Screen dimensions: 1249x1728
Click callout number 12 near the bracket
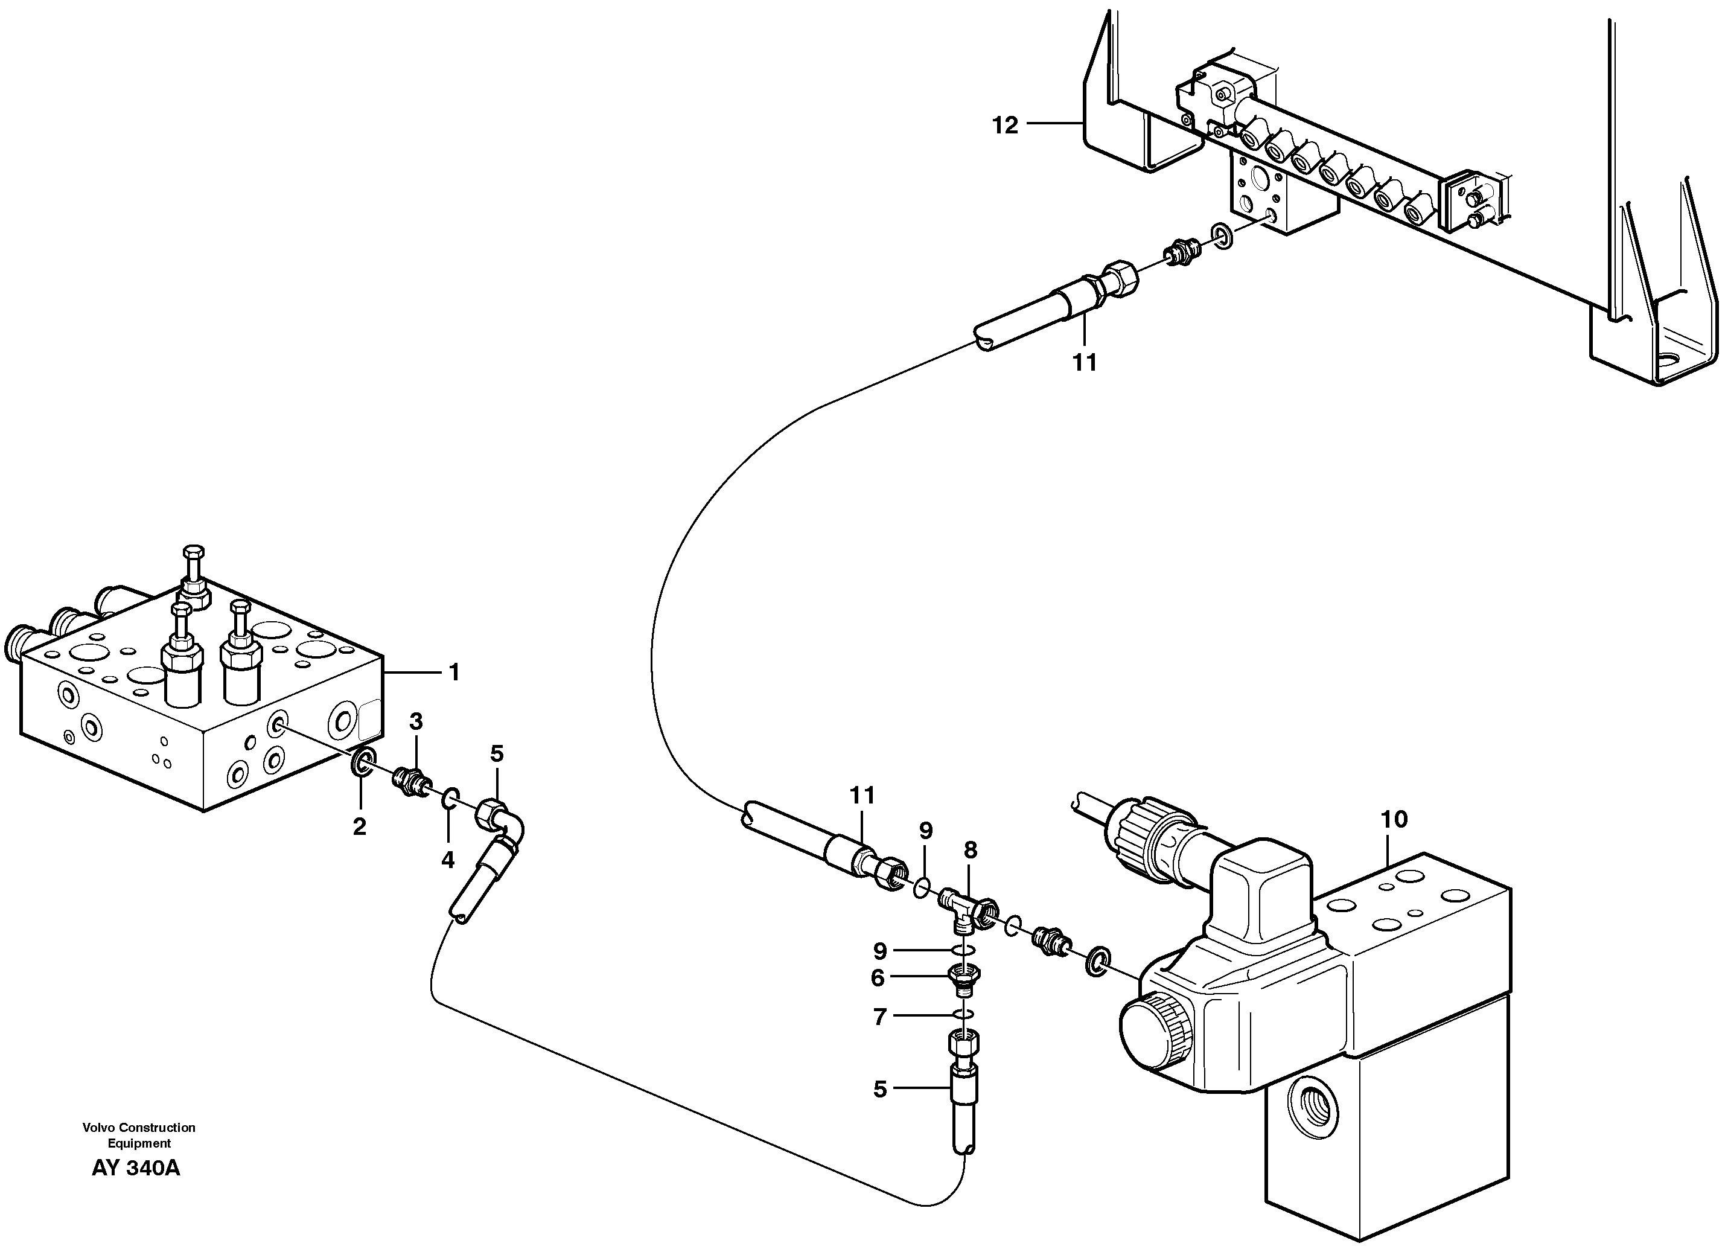[1004, 126]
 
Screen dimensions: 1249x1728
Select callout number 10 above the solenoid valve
[1394, 821]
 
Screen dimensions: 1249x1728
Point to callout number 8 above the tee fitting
[970, 851]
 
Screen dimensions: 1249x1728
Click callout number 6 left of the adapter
[878, 979]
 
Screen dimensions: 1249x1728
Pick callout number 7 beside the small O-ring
[879, 1017]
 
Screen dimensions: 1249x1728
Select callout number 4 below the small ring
[447, 860]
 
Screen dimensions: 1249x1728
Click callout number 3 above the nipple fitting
[416, 721]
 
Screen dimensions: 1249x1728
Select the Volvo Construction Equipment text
[139, 1135]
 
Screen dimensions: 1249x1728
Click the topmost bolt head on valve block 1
[194, 552]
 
